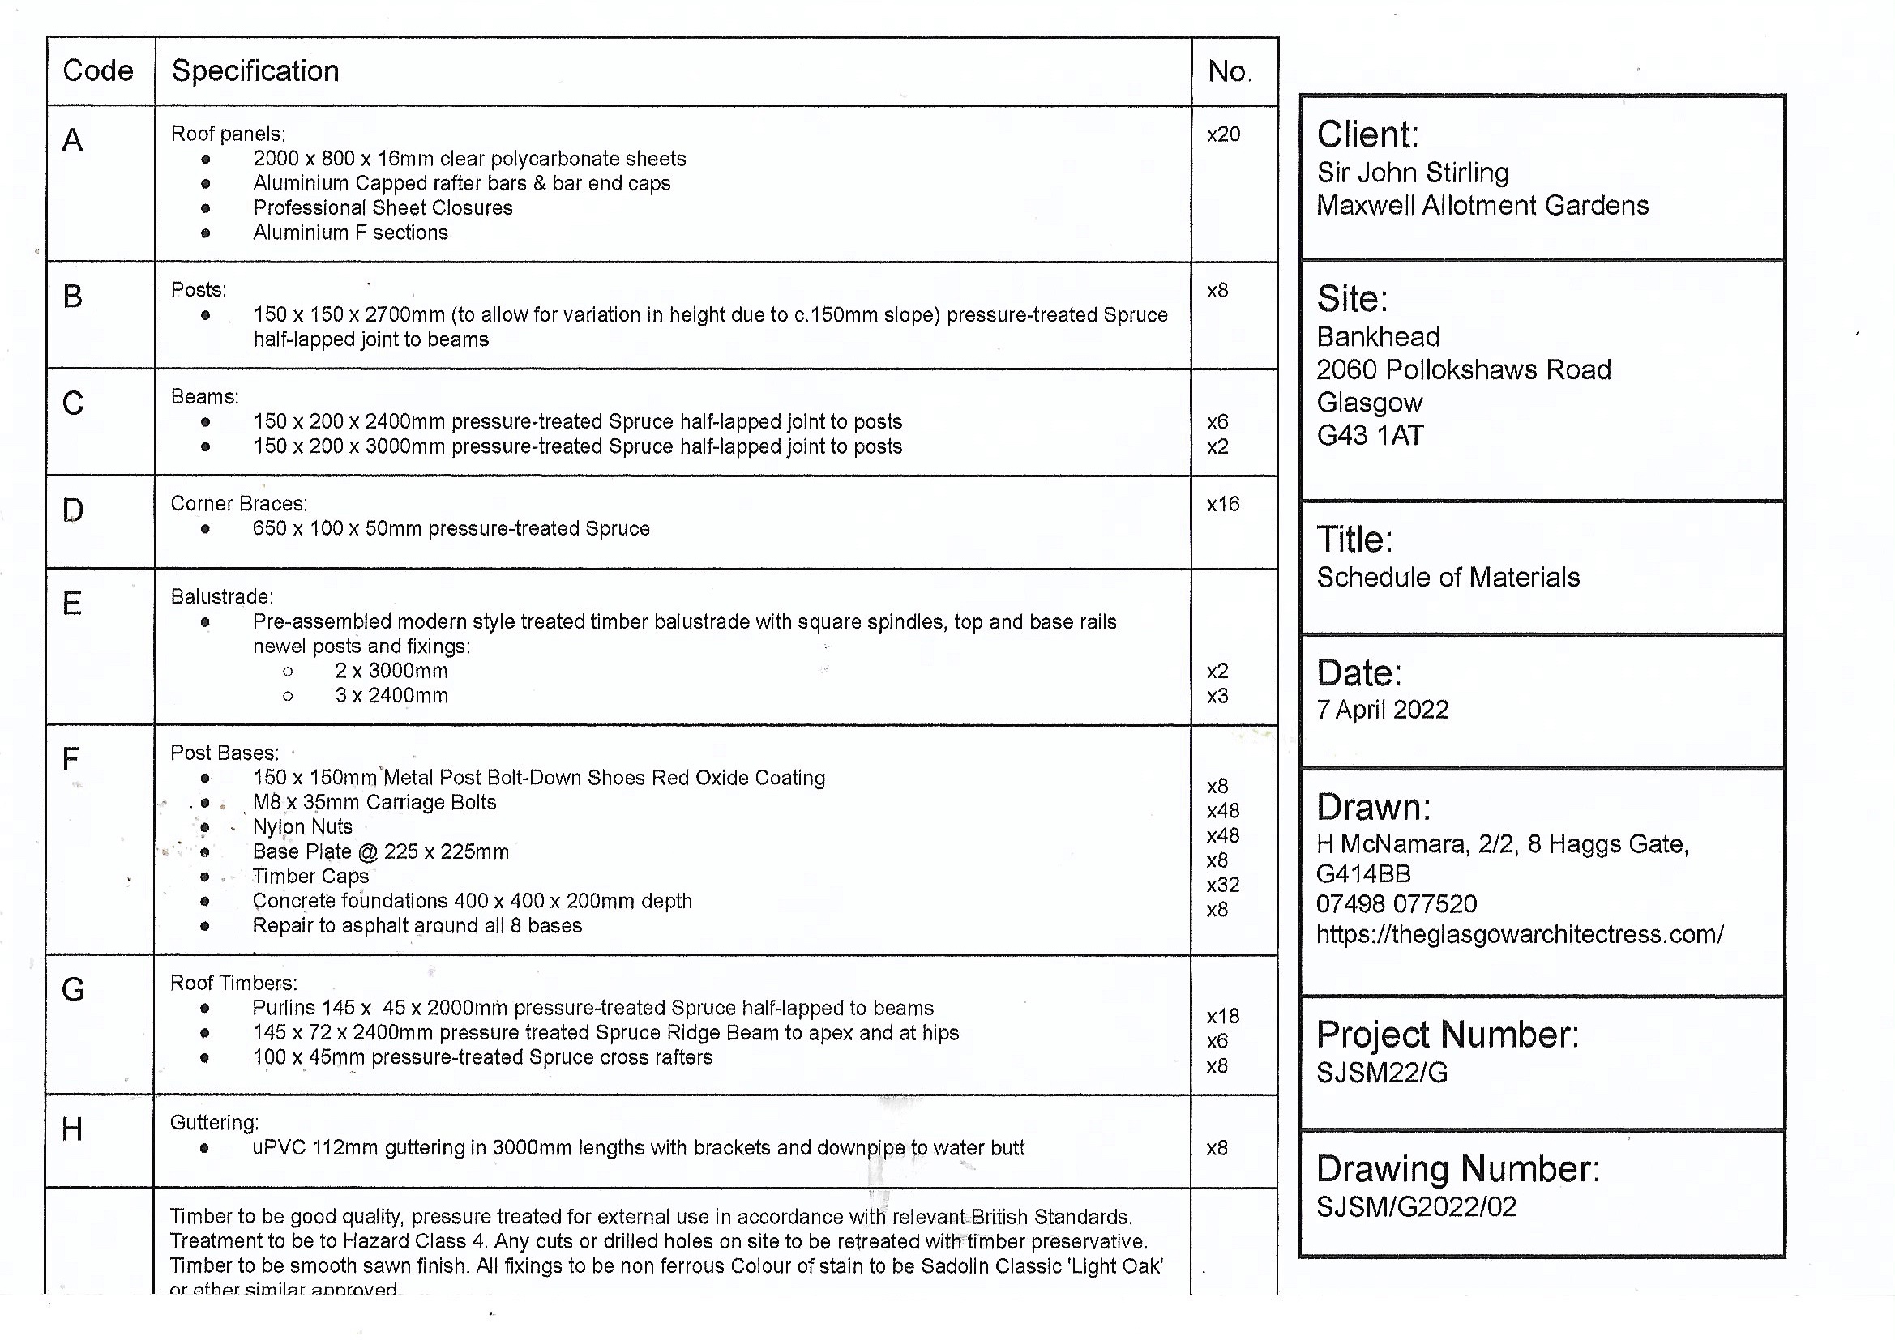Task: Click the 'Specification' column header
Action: [255, 71]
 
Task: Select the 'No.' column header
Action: [1230, 72]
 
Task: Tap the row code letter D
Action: [73, 510]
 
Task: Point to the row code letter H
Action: [72, 1129]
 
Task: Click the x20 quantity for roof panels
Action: [1223, 134]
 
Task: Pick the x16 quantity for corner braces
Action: [1223, 504]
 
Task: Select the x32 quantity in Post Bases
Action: [1223, 885]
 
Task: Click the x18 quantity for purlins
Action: [1223, 1016]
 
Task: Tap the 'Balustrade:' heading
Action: [222, 596]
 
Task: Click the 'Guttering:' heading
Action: [215, 1122]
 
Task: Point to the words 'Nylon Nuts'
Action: [302, 827]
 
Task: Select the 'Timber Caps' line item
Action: [310, 877]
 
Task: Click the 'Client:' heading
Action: [1367, 134]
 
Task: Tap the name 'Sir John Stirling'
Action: [1412, 173]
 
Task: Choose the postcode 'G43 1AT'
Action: [1370, 436]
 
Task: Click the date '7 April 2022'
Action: [1383, 710]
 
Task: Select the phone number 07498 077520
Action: [1397, 904]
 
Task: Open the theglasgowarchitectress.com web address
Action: [1520, 934]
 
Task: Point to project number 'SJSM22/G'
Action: [1382, 1073]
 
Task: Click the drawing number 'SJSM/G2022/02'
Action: [1416, 1207]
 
